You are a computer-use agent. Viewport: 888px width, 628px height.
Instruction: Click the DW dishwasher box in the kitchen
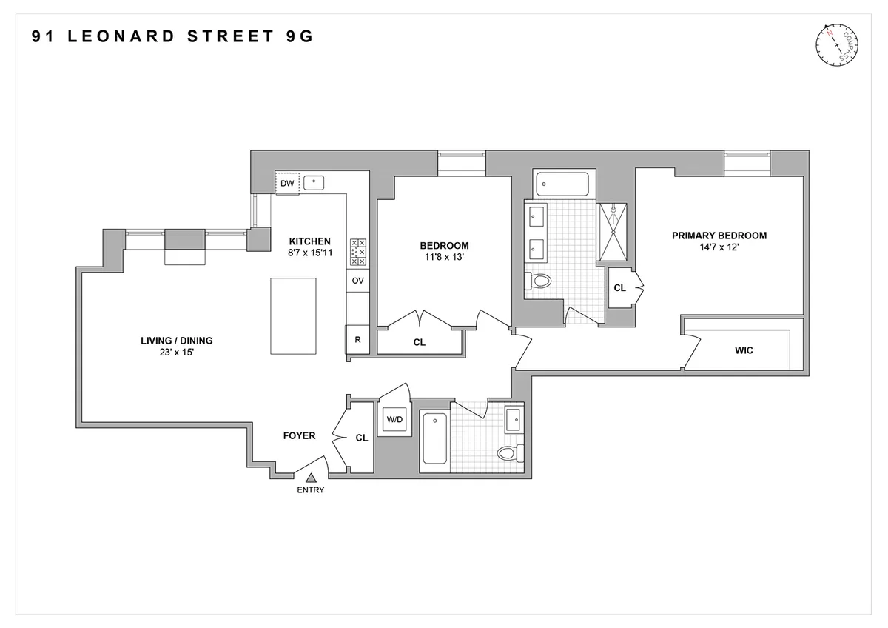(x=287, y=183)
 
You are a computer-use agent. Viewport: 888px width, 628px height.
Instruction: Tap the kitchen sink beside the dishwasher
(x=314, y=181)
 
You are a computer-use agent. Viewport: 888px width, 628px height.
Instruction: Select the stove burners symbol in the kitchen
(x=358, y=252)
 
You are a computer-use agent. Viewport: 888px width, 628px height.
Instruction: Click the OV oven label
(x=358, y=281)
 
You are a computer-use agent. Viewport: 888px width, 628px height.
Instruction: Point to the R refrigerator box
(x=357, y=340)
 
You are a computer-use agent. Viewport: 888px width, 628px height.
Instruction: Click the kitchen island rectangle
(x=293, y=316)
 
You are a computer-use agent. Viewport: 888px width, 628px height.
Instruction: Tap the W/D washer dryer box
(x=393, y=420)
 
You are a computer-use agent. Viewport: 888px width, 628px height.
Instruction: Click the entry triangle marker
(x=312, y=478)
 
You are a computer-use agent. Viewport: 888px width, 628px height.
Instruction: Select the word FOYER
(x=299, y=435)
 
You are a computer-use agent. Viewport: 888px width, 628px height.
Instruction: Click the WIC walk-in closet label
(x=744, y=350)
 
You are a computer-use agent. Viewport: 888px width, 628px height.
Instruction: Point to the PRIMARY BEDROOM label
(x=719, y=235)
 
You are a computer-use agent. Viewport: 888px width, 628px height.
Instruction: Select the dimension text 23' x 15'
(x=176, y=353)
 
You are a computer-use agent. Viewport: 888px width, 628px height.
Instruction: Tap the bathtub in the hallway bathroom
(x=434, y=438)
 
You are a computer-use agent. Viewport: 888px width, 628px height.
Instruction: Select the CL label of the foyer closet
(x=361, y=438)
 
